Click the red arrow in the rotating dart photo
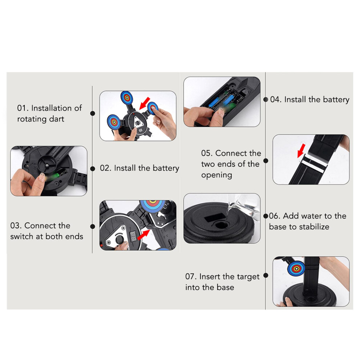145,103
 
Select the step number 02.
105,168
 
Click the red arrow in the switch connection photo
143,235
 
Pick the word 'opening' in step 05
216,175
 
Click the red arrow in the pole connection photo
301,151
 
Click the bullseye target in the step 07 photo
296,268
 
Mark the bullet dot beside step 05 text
266,161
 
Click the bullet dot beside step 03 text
92,227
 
